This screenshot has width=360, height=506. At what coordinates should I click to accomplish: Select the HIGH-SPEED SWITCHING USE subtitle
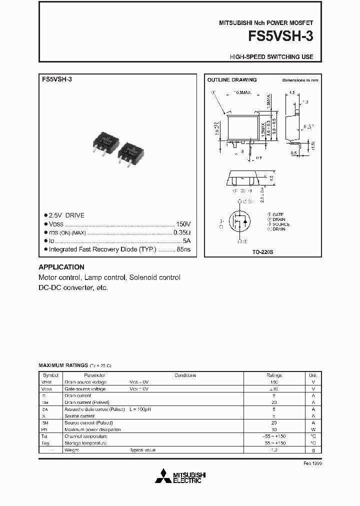[x=271, y=57]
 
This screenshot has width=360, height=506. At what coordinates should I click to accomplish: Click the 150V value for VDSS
[x=183, y=224]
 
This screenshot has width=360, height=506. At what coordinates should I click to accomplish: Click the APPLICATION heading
[x=61, y=267]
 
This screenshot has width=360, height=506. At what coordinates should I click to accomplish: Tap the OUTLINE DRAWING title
[x=231, y=80]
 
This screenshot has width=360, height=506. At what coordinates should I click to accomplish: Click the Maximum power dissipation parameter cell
[x=92, y=429]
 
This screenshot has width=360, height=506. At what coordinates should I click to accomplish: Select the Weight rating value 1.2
[x=274, y=450]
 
